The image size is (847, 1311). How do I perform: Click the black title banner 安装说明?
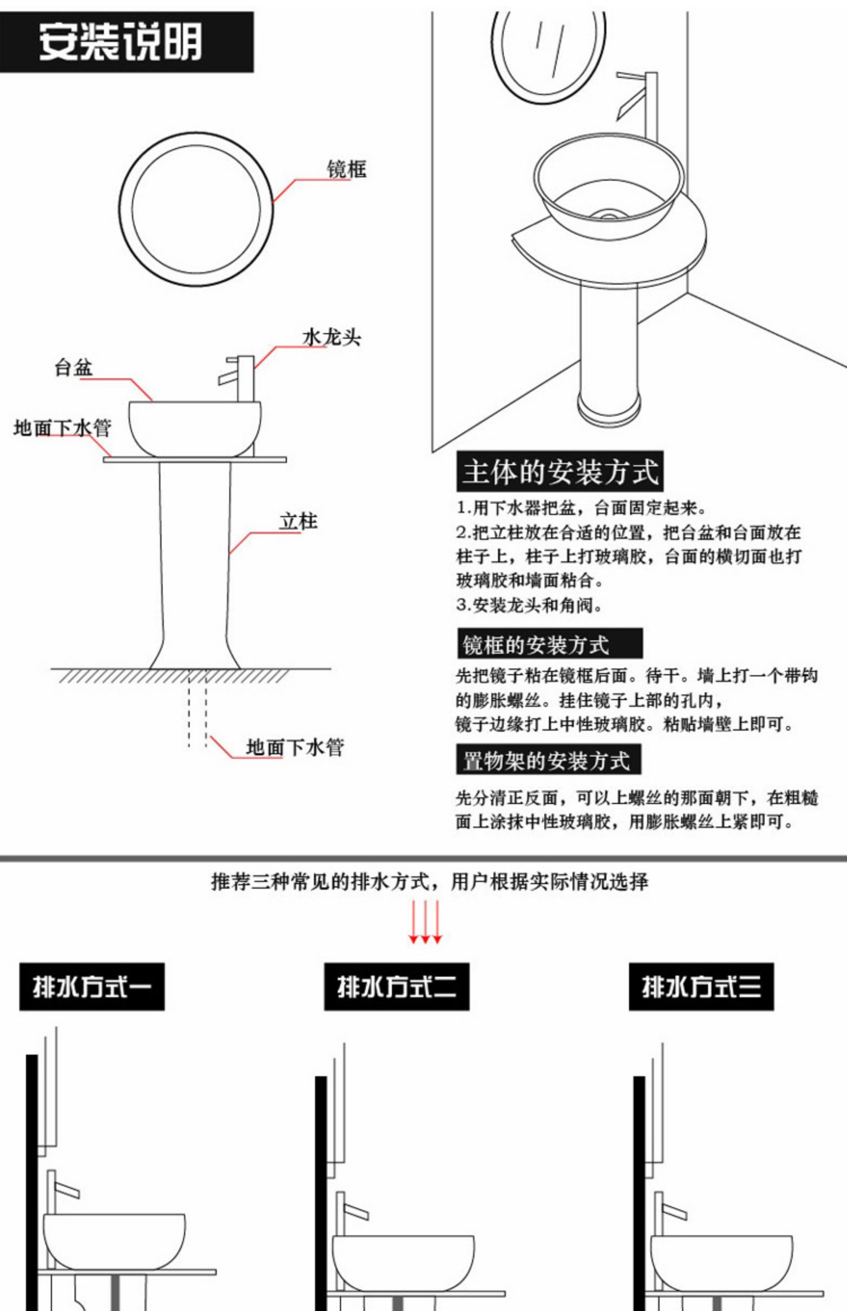(126, 42)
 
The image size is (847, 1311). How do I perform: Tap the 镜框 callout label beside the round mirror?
(346, 169)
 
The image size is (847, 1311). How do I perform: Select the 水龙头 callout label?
(331, 337)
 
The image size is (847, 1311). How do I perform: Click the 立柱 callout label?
(298, 521)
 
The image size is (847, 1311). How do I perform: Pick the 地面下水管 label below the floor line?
(295, 747)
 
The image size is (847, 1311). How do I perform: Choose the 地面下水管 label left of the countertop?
(62, 427)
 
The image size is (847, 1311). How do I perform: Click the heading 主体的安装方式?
(560, 471)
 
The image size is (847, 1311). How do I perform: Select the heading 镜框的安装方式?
(549, 644)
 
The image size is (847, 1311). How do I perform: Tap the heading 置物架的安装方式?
(548, 760)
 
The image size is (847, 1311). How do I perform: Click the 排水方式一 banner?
(92, 987)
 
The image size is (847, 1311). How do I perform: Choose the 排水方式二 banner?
(396, 987)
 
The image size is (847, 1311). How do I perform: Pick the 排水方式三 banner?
(701, 987)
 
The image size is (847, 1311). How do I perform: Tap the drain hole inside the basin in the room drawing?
(609, 215)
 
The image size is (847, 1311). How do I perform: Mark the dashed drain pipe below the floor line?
(198, 711)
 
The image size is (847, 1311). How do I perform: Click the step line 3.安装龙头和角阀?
(529, 605)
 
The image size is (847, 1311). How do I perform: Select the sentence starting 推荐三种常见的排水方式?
(429, 881)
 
